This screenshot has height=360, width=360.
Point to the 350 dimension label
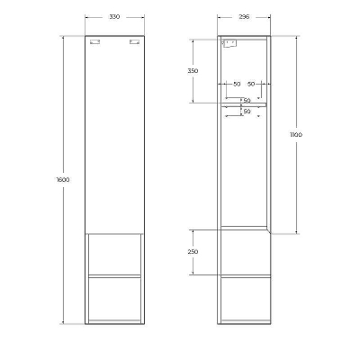pos(193,71)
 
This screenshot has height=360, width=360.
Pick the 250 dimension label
pos(193,252)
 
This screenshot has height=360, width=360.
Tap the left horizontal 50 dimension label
pos(236,83)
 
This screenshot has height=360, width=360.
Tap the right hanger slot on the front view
pos(135,43)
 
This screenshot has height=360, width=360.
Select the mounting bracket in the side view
pos(229,43)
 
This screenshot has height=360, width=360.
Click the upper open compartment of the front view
pos(114,254)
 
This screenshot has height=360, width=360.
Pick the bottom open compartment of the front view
pos(114,300)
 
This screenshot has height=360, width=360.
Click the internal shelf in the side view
pos(244,103)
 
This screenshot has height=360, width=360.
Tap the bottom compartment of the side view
pos(244,300)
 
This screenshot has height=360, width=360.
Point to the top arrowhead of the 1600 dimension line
pos(63,39)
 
